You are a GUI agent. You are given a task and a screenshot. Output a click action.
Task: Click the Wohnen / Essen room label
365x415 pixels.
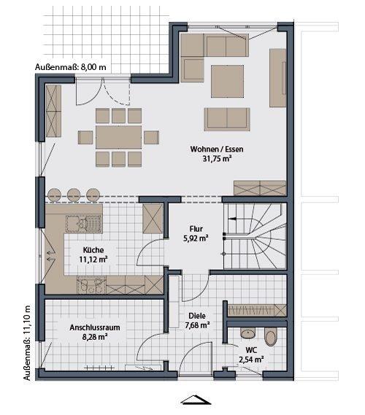point(216,150)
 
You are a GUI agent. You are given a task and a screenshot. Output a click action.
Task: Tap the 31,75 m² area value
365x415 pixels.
point(217,160)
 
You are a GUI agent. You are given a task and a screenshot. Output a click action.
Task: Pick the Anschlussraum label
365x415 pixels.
point(95,327)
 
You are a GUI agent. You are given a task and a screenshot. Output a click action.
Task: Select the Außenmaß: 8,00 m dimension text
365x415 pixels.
point(71,67)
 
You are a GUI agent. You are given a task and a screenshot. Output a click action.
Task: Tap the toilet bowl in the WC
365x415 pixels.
point(272,338)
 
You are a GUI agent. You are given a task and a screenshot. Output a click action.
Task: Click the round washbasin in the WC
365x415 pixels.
point(247,333)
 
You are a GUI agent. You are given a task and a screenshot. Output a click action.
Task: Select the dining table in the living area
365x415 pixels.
point(118,136)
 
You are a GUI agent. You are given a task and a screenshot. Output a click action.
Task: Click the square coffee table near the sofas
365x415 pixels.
point(228,80)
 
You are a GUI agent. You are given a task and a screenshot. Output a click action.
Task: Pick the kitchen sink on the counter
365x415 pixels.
point(75,222)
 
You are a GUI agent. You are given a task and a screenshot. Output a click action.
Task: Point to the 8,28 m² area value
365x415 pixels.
point(95,338)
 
